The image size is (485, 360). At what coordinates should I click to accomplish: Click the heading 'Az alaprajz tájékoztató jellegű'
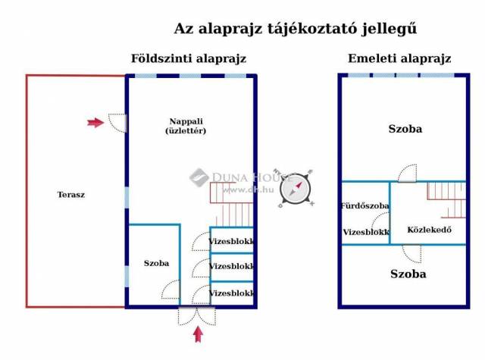click(x=296, y=29)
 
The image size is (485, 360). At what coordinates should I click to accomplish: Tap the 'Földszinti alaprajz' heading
click(x=188, y=58)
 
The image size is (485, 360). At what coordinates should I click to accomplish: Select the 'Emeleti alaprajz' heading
click(x=399, y=58)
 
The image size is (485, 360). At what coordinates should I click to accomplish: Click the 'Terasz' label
click(x=70, y=194)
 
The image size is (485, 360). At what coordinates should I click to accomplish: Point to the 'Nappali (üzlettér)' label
click(x=186, y=126)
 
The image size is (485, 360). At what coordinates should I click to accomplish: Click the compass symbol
click(x=296, y=187)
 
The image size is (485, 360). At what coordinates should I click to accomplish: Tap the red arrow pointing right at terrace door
click(x=95, y=121)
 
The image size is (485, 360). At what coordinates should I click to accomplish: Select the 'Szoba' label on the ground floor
click(x=156, y=263)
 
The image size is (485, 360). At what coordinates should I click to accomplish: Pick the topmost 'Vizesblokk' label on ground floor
click(x=232, y=241)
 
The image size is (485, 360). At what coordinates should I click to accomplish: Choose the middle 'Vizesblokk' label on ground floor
click(x=232, y=266)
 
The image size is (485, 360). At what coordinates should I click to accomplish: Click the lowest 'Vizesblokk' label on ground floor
click(x=232, y=292)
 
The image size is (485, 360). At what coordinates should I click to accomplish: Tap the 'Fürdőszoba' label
click(x=365, y=205)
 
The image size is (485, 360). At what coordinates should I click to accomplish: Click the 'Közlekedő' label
click(x=430, y=230)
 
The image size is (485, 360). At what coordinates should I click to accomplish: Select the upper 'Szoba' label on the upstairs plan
click(x=405, y=129)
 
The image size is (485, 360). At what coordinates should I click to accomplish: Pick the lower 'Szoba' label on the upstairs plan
click(x=408, y=274)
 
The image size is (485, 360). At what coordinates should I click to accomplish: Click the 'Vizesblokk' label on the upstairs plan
click(x=365, y=232)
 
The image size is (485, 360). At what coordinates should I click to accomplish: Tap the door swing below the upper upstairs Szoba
click(x=408, y=173)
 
